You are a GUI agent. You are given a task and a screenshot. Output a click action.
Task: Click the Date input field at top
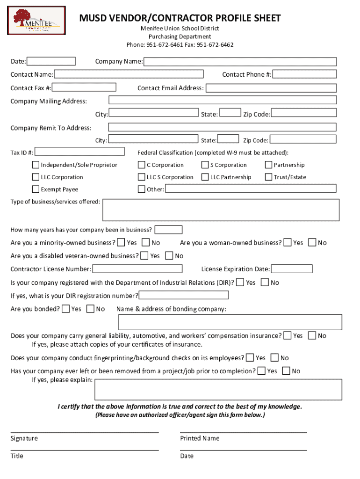coord(51,61)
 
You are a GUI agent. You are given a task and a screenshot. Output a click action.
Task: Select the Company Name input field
coord(240,62)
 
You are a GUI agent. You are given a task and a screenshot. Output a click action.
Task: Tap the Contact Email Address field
coord(271,88)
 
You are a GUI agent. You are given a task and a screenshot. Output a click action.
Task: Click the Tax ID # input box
coord(80,152)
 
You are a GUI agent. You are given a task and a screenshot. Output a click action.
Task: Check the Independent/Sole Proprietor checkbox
coord(36,165)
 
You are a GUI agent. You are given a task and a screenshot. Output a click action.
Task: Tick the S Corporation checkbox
coord(205,165)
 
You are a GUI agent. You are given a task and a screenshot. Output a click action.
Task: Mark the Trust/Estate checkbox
coord(268,177)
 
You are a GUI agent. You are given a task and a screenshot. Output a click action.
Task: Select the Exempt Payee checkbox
coord(36,189)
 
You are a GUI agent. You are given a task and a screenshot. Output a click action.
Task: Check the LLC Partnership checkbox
coord(205,177)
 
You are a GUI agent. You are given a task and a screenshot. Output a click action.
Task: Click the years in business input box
coord(168,230)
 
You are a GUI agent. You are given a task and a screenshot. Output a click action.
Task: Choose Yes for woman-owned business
coord(288,242)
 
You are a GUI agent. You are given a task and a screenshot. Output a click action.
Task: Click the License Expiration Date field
coord(292,269)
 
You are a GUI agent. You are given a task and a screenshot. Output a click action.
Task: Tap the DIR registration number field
coord(184,295)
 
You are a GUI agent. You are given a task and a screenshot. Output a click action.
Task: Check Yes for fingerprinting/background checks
coord(250,358)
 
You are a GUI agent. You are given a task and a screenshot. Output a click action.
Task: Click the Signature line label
coord(24,438)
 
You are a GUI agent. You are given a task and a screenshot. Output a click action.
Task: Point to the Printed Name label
coord(200,438)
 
